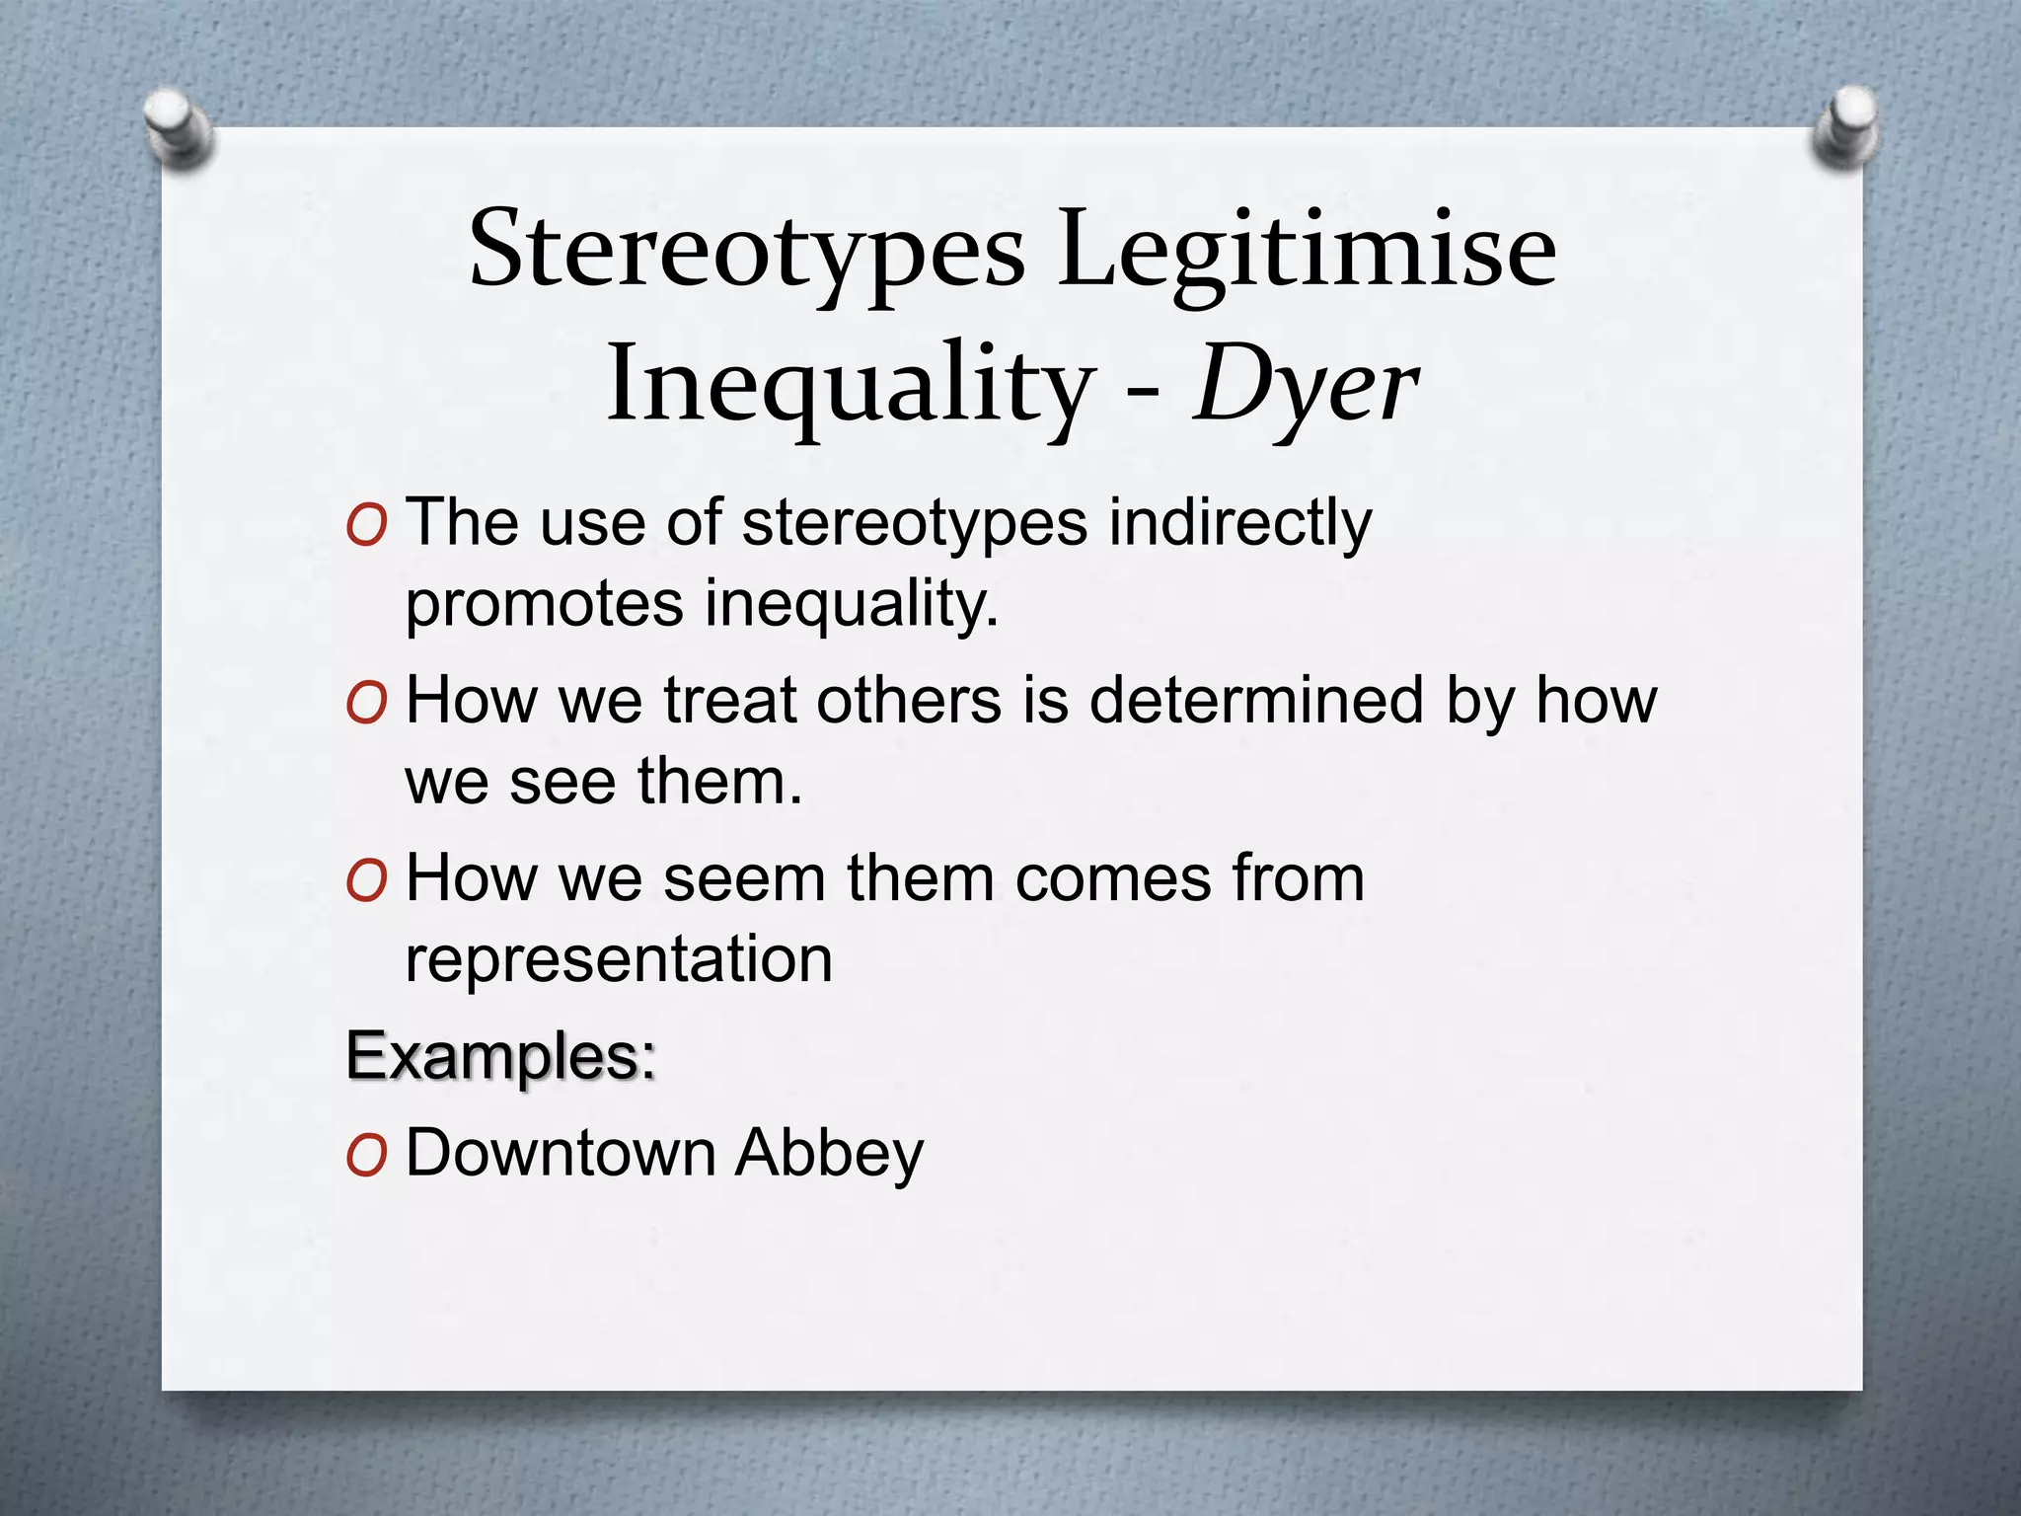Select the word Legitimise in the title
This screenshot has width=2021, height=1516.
click(1307, 253)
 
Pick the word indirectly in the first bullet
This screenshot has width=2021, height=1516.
click(1239, 523)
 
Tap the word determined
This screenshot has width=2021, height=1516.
click(1255, 701)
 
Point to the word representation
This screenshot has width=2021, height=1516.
click(619, 959)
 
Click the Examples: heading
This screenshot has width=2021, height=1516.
click(500, 1056)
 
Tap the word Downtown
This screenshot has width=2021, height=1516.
click(561, 1153)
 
